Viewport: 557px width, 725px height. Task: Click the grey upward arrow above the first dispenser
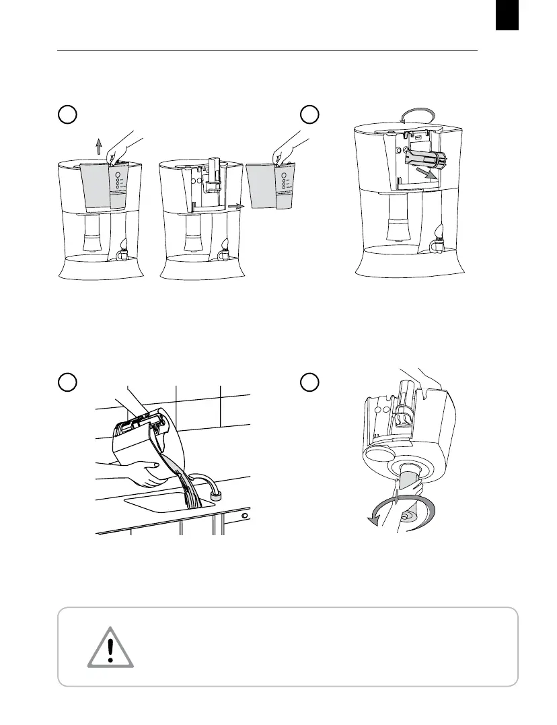click(x=98, y=146)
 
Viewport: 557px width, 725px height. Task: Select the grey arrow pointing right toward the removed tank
click(x=235, y=205)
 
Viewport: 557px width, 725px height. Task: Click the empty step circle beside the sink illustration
click(x=67, y=381)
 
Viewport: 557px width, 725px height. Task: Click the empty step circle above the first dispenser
click(x=67, y=115)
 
